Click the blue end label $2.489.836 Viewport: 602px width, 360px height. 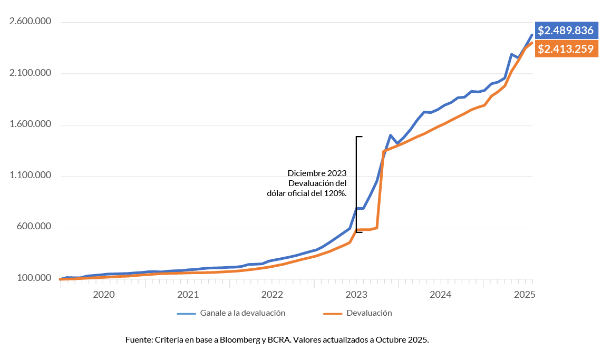click(x=566, y=31)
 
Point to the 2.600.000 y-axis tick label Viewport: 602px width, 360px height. click(x=31, y=22)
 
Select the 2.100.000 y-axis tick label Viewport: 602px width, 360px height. click(x=31, y=73)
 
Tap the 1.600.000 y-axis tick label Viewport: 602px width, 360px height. click(x=31, y=125)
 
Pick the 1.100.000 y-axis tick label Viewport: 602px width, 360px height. click(x=31, y=176)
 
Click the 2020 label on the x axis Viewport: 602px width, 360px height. click(x=103, y=294)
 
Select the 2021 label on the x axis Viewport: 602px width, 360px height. click(x=188, y=294)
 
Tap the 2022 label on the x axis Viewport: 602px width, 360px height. click(x=273, y=294)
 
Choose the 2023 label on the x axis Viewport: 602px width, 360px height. click(x=356, y=294)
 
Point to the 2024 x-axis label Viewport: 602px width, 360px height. click(x=441, y=294)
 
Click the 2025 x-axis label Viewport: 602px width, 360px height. click(x=525, y=294)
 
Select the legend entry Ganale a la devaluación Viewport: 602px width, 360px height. click(x=242, y=313)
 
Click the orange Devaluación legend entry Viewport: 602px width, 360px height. click(x=369, y=313)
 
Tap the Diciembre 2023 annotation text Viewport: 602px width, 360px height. click(x=317, y=173)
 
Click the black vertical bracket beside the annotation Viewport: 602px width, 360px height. click(x=356, y=184)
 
